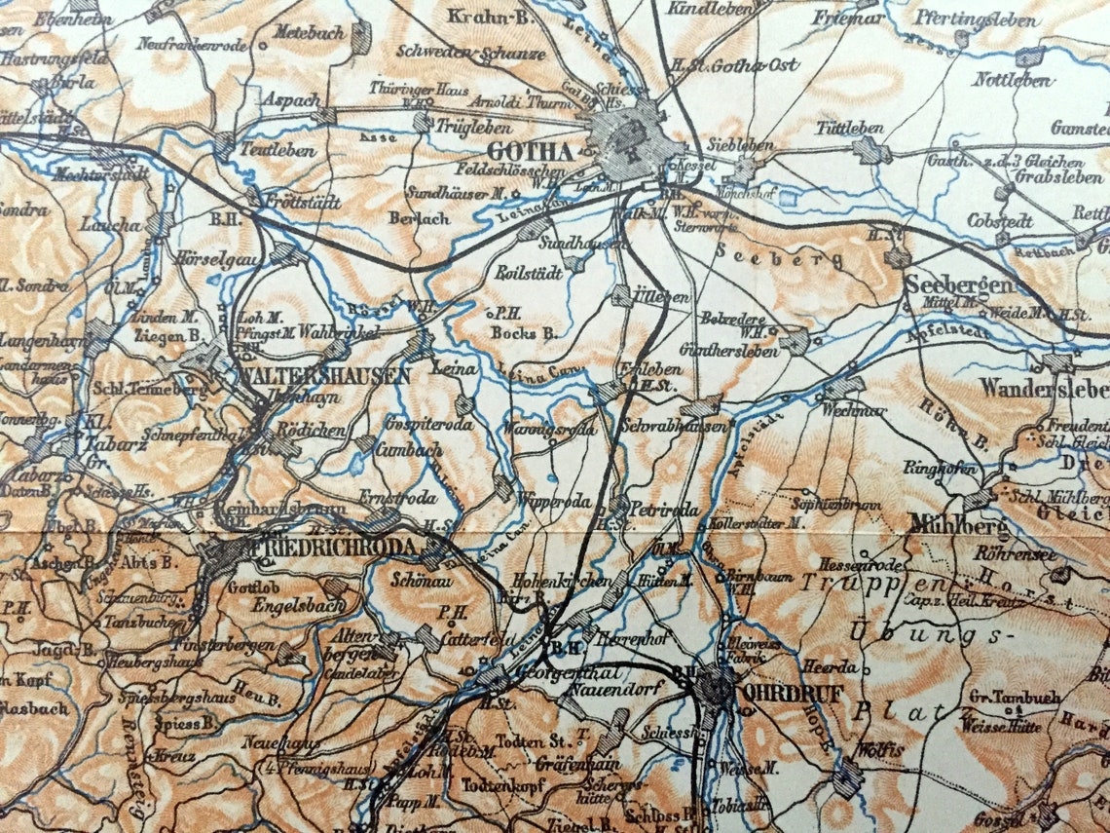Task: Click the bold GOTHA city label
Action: (x=530, y=151)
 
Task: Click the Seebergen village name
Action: (x=960, y=285)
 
